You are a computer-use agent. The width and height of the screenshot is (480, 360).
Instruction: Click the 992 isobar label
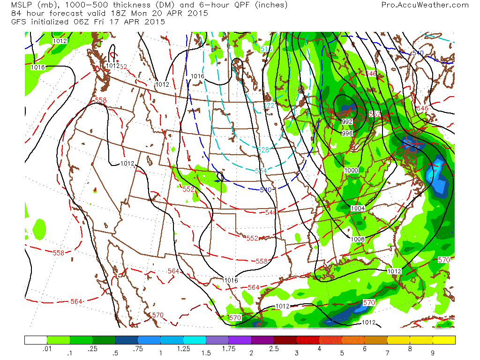[x=347, y=122]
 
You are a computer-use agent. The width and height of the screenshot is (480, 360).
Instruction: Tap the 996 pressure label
[x=347, y=134]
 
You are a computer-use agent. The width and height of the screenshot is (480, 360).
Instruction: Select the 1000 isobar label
[x=351, y=170]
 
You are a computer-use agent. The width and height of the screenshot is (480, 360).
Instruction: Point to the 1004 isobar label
[x=358, y=208]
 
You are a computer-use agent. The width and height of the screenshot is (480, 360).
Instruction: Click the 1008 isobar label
[x=357, y=239]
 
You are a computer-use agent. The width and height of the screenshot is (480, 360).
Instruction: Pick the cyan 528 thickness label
[x=263, y=150]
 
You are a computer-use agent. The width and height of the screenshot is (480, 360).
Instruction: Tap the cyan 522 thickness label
[x=269, y=106]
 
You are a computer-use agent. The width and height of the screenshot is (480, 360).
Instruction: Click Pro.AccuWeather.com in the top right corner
[x=425, y=5]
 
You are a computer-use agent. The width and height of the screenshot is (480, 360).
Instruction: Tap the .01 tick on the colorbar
[x=47, y=349]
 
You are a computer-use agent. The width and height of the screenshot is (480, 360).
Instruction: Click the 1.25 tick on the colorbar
[x=184, y=349]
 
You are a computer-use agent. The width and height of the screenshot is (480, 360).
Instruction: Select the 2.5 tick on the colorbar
[x=274, y=349]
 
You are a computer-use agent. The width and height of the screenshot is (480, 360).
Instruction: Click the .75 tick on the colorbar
[x=138, y=349]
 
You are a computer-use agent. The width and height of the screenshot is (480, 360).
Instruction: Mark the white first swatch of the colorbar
[x=36, y=340]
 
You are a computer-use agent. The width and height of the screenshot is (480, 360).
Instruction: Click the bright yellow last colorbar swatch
[x=444, y=340]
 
